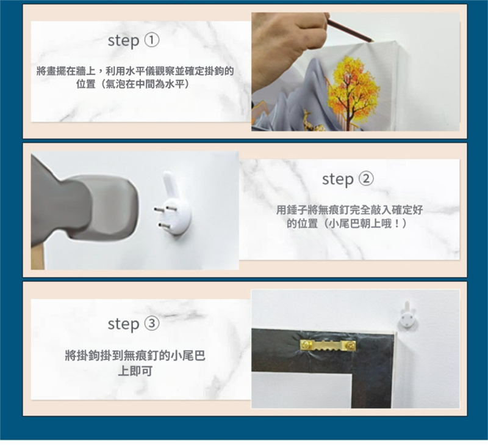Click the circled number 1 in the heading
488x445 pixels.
[x=152, y=40]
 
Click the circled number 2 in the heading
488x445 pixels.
[x=367, y=179]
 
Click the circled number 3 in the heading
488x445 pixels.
[x=152, y=323]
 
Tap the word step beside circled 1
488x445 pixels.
[x=123, y=42]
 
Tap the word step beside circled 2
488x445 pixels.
[x=338, y=180]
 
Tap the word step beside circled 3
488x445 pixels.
[x=123, y=325]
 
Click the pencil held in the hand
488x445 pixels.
[x=350, y=30]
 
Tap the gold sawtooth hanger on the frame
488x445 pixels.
[x=328, y=345]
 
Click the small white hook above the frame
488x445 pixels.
[x=407, y=315]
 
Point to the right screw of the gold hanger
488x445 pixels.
[x=351, y=345]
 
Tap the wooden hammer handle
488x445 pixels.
[x=38, y=257]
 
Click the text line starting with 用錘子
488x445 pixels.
[x=350, y=210]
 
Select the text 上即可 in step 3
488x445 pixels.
[x=135, y=371]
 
